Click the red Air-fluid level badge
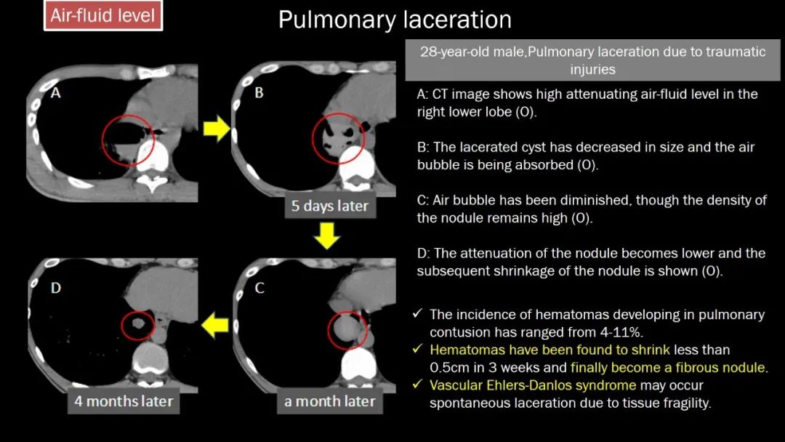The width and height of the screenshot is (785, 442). coord(103,15)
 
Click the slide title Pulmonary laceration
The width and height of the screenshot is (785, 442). coord(395,20)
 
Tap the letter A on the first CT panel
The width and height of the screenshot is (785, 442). coord(55,92)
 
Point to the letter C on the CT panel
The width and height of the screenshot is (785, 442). coord(259,288)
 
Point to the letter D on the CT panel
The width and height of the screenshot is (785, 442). coord(55,288)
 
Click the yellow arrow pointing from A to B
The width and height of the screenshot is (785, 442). coord(215,130)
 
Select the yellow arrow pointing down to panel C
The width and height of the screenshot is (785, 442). coord(329,235)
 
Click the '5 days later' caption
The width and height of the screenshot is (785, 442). coord(329,206)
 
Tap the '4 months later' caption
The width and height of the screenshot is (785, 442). coord(124,401)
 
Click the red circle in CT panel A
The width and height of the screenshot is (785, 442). coord(129,140)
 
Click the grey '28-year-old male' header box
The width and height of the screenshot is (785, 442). coord(592,60)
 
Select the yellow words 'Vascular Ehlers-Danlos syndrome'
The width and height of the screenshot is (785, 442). coord(532,385)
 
